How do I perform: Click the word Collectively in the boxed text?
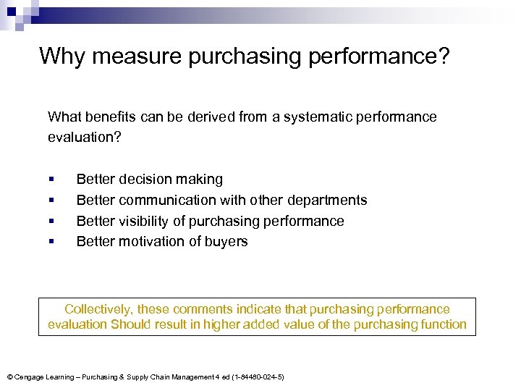tap(97, 309)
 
